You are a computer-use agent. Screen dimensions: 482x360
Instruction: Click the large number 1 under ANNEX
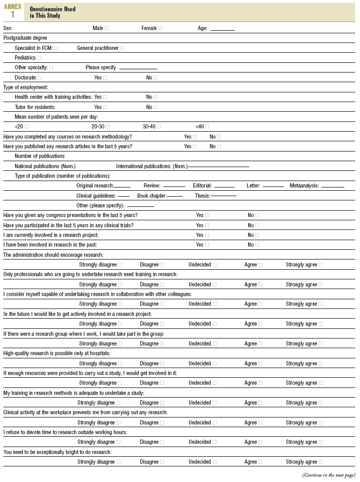12,15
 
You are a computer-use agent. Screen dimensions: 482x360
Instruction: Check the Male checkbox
106,28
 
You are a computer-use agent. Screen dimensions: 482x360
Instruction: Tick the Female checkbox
160,28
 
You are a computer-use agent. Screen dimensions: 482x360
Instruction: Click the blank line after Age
222,29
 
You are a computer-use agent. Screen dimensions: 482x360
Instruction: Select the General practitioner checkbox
122,48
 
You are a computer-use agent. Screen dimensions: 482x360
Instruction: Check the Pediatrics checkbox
39,58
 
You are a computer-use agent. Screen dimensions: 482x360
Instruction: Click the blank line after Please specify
138,68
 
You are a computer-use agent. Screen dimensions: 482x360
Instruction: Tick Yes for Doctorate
105,78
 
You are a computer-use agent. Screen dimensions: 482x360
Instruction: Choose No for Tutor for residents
155,107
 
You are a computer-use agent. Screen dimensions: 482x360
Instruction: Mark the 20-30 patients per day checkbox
107,127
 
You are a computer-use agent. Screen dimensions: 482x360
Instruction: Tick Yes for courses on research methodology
195,137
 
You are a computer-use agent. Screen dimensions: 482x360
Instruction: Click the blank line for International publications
218,167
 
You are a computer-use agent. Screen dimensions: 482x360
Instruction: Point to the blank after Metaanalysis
333,186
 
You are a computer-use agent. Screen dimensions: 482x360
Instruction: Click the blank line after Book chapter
175,196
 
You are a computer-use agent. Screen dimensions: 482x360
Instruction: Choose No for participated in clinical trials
257,226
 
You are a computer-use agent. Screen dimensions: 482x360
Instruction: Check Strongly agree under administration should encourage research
321,265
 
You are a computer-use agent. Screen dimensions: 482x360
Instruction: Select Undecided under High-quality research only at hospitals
214,364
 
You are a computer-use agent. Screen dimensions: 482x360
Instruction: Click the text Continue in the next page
328,475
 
